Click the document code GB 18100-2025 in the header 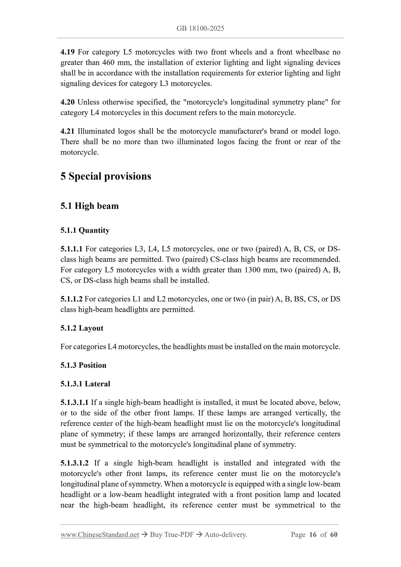click(200, 28)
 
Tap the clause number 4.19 click(67, 52)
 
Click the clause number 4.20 click(67, 102)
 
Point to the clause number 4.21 click(67, 131)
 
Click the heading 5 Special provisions click(106, 176)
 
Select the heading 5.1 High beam click(89, 206)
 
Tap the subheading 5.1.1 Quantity click(85, 230)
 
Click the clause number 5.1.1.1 click(71, 249)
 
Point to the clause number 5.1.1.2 click(71, 299)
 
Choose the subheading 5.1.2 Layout click(82, 328)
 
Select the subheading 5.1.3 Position click(83, 365)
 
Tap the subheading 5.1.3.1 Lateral click(85, 384)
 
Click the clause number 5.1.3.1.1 click(74, 403)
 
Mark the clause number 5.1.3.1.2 click(74, 463)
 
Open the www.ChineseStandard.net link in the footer click(100, 535)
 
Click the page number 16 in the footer click(312, 535)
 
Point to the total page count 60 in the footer click(334, 535)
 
